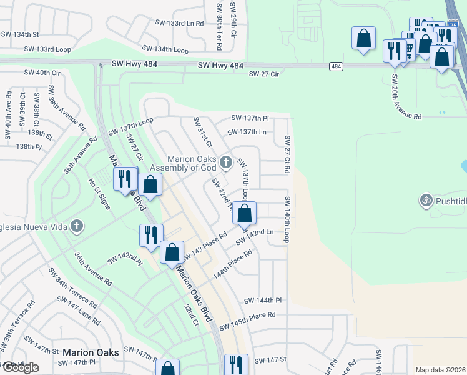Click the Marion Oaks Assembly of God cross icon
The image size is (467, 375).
point(226,162)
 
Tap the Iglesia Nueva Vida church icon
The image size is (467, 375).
point(77,226)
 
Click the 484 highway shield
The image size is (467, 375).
point(336,66)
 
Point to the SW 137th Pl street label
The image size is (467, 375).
point(250,117)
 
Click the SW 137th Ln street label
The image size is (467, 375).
point(247,132)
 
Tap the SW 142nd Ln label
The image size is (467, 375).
point(255,235)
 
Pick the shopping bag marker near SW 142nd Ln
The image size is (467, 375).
point(245,213)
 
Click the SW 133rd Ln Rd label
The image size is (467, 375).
point(179,23)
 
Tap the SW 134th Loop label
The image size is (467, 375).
point(165,49)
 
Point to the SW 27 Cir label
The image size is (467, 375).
point(263,74)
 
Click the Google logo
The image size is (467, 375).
point(20,367)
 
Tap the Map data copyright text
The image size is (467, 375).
point(440,370)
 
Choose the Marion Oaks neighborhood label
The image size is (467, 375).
point(91,352)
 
